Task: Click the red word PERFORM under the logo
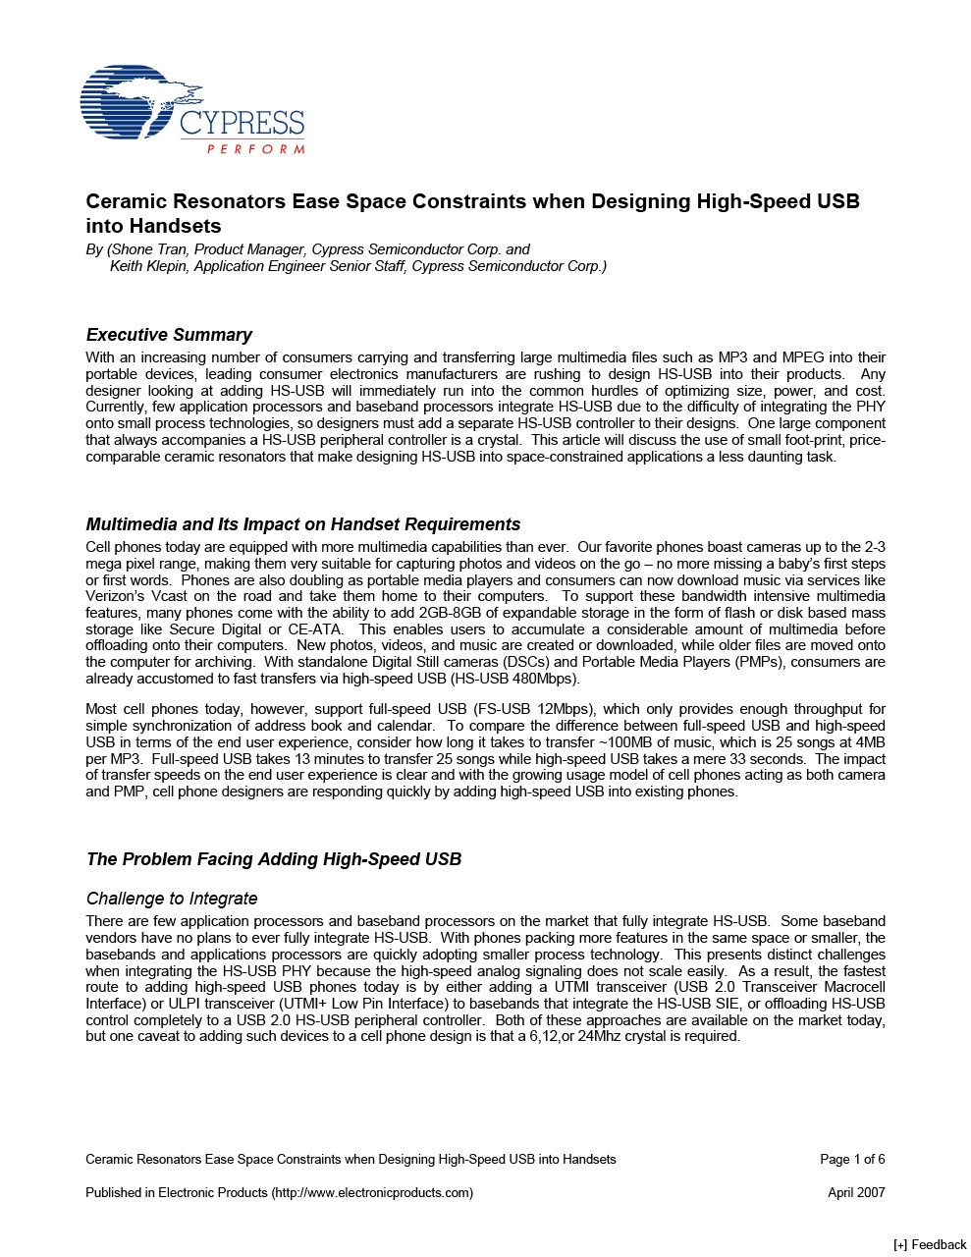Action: pos(255,149)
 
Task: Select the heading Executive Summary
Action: pos(169,335)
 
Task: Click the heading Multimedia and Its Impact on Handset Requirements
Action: pos(302,524)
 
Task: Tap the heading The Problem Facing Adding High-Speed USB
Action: pos(273,859)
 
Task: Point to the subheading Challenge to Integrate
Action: pos(172,899)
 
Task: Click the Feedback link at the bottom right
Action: pos(931,1244)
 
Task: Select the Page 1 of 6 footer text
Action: pos(852,1160)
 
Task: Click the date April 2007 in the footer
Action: pos(856,1193)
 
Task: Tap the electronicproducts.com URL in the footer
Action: pos(373,1193)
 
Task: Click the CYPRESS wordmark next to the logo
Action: pos(242,124)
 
